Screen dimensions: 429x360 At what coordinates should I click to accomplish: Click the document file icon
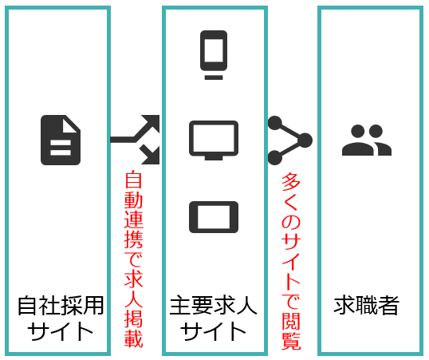click(x=61, y=140)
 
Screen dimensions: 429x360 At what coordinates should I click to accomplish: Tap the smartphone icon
click(x=214, y=55)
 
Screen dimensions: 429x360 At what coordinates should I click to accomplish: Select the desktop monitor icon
click(x=214, y=140)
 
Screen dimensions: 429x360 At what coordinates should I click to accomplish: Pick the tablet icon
click(x=214, y=217)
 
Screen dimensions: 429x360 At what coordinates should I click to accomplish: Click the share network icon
click(x=289, y=140)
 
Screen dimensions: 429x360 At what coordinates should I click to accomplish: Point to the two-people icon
click(x=367, y=140)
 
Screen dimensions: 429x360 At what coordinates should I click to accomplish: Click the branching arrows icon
click(x=135, y=140)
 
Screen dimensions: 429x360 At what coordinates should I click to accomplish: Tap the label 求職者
click(x=366, y=305)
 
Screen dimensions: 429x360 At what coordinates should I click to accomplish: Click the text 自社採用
click(x=61, y=305)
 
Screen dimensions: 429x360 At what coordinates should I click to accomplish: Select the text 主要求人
click(x=214, y=305)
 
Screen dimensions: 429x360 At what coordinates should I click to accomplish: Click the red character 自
click(x=133, y=180)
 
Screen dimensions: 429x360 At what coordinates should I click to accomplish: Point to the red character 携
click(x=133, y=239)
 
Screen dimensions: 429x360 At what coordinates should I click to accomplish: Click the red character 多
click(x=291, y=182)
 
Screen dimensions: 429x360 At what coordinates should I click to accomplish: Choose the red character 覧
click(x=291, y=341)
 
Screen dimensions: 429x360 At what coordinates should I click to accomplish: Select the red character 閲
click(x=291, y=320)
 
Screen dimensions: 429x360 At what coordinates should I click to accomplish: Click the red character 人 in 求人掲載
click(x=133, y=299)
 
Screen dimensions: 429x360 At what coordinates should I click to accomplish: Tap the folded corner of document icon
click(x=71, y=125)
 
